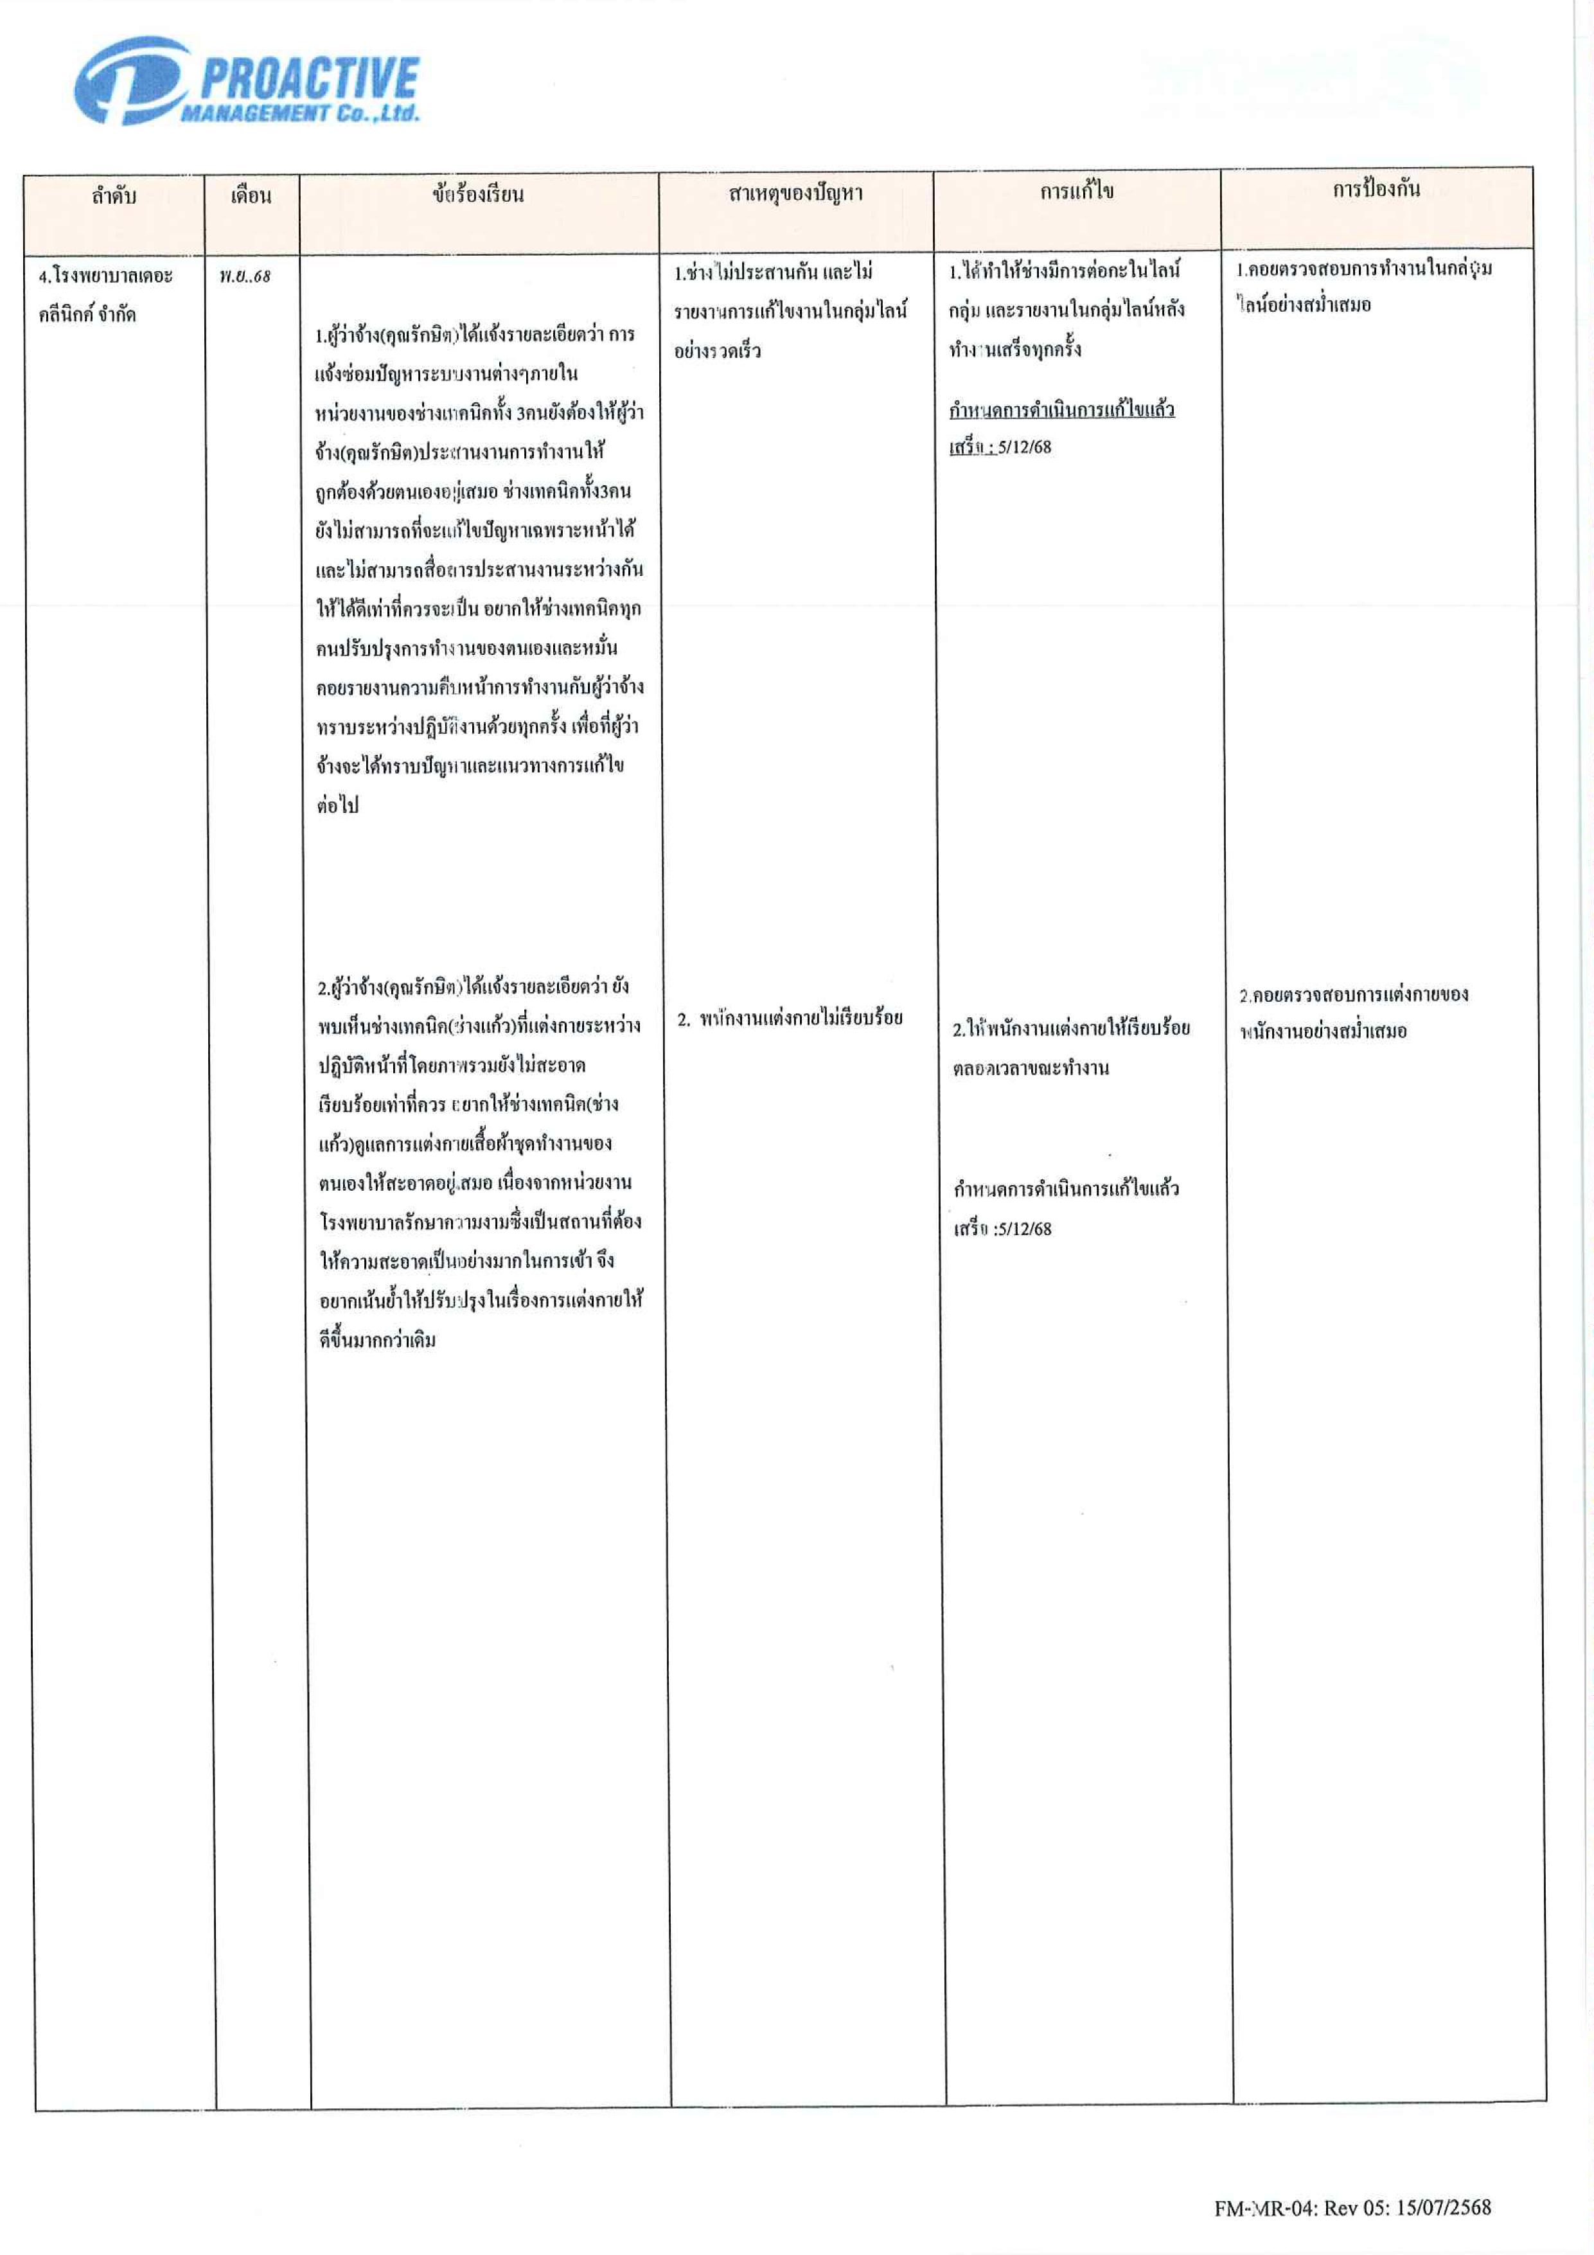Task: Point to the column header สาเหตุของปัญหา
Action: pyautogui.click(x=795, y=193)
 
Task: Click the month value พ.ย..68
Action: pyautogui.click(x=245, y=277)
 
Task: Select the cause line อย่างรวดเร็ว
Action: pyautogui.click(x=717, y=352)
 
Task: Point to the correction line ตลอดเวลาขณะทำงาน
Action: pyautogui.click(x=1031, y=1069)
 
